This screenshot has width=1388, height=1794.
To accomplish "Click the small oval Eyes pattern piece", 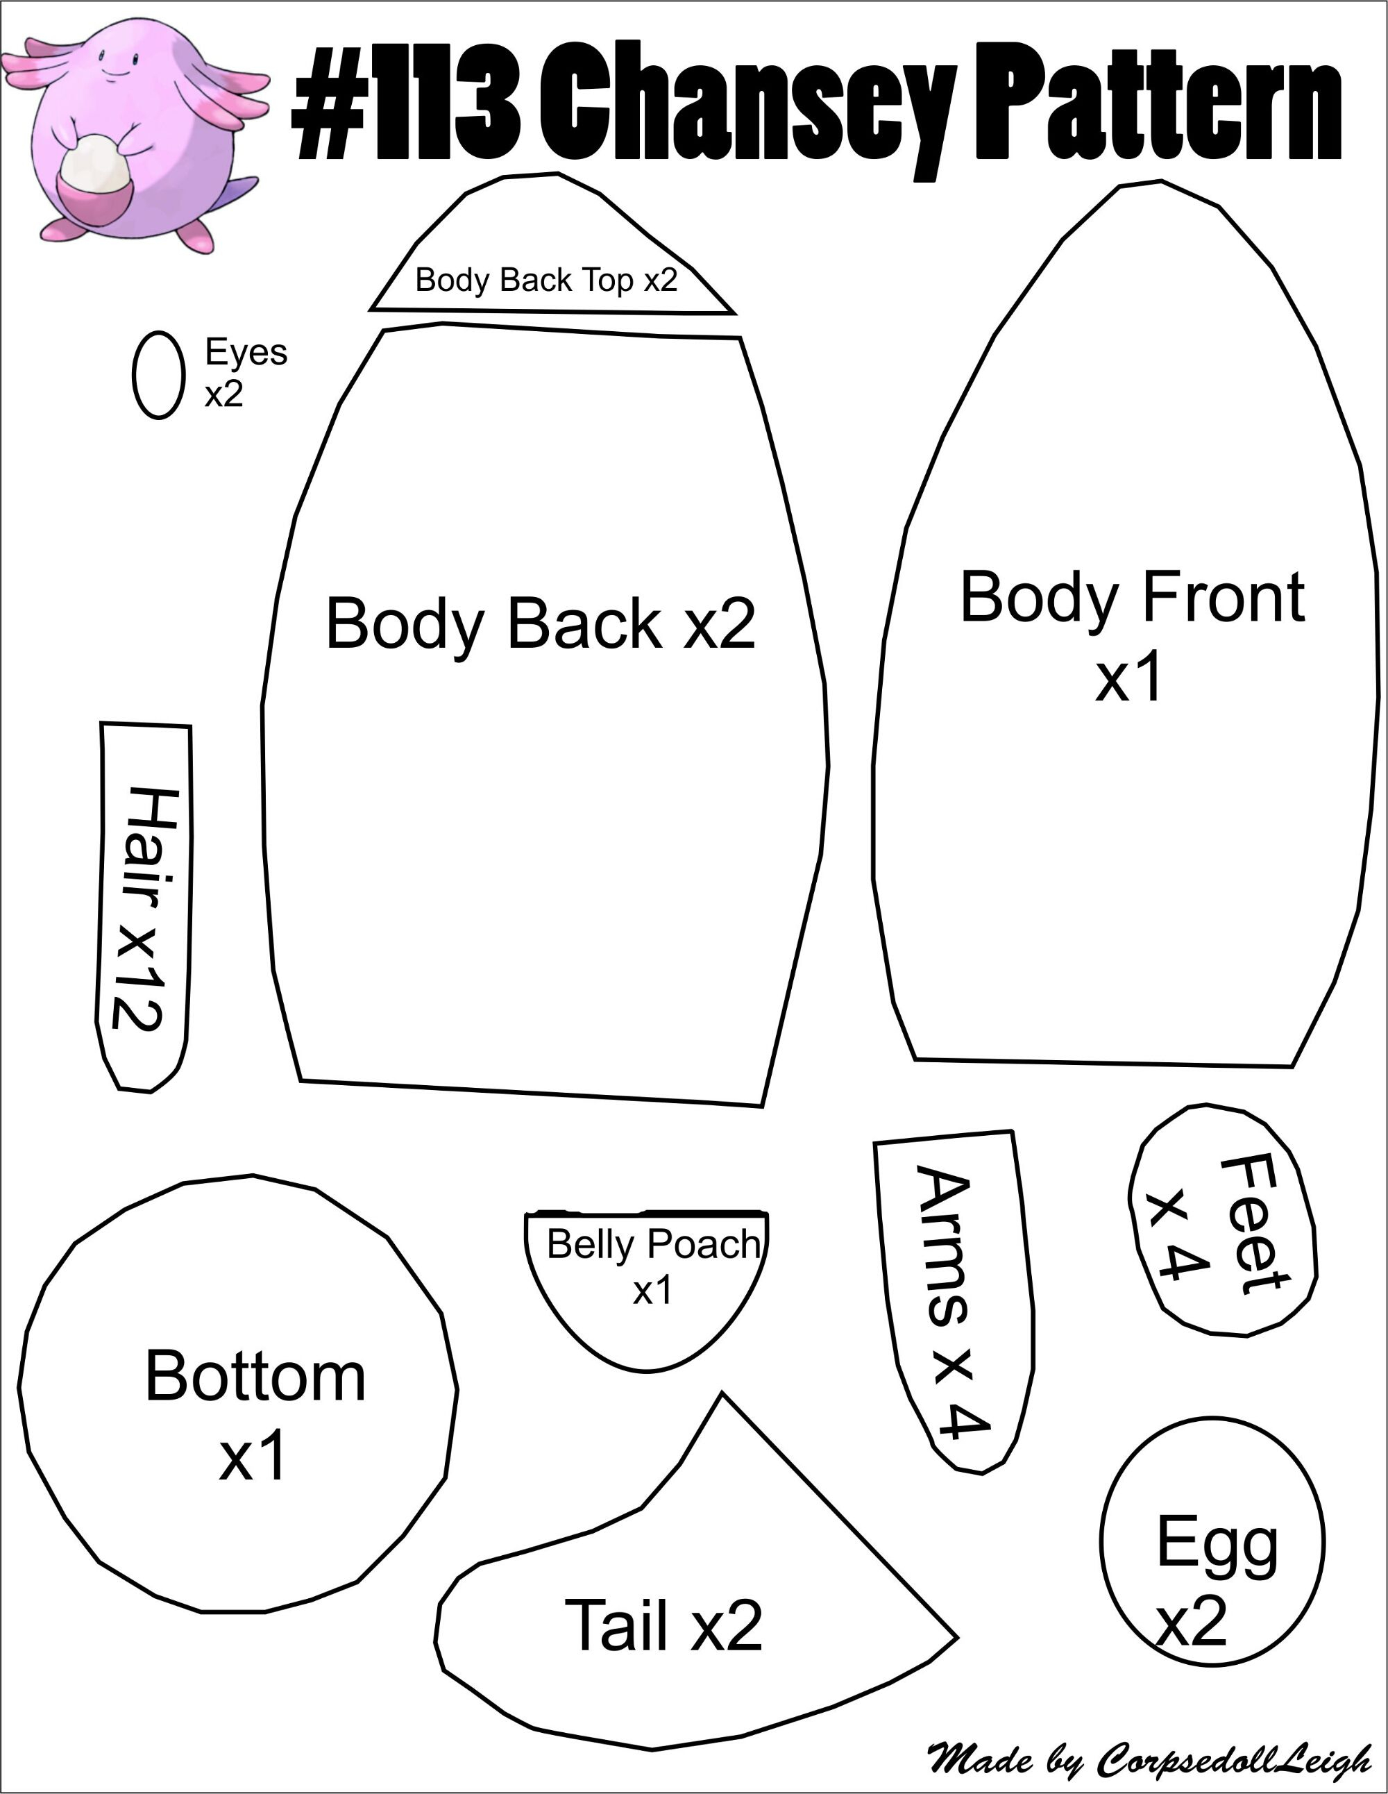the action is [x=158, y=375].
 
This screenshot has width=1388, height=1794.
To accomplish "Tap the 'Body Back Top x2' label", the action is [x=546, y=280].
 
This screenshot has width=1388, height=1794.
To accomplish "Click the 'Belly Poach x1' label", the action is [x=653, y=1266].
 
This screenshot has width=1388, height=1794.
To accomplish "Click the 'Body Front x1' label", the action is [x=1132, y=635].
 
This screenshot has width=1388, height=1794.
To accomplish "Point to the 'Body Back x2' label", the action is [x=541, y=623].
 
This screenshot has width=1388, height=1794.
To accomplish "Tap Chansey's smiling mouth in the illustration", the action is [x=117, y=72].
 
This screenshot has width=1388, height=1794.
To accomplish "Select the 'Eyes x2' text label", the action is [x=246, y=372].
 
